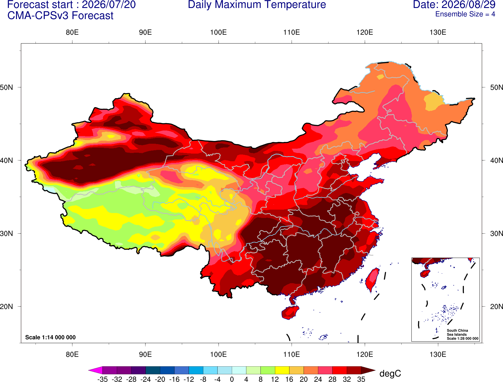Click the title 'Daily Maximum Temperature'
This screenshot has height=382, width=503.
pyautogui.click(x=257, y=5)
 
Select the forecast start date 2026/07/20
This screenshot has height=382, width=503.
pyautogui.click(x=109, y=5)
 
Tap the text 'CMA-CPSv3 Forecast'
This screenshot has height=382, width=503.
pyautogui.click(x=60, y=16)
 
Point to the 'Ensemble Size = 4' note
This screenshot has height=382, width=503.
pyautogui.click(x=465, y=14)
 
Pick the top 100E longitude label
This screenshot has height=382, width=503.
pyautogui.click(x=219, y=32)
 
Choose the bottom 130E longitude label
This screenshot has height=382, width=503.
pyautogui.click(x=438, y=355)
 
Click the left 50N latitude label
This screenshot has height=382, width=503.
pyautogui.click(x=6, y=87)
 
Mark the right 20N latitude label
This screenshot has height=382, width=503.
pyautogui.click(x=497, y=307)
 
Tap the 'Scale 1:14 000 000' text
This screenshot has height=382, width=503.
pyautogui.click(x=51, y=337)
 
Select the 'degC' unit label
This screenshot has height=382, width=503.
pyautogui.click(x=390, y=373)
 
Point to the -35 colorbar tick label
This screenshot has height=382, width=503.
pyautogui.click(x=102, y=379)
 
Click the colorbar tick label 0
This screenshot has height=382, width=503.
pyautogui.click(x=232, y=379)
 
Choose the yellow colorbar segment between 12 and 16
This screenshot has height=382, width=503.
pyautogui.click(x=282, y=370)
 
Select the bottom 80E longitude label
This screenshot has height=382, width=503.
pyautogui.click(x=72, y=355)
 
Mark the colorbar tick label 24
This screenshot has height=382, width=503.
pyautogui.click(x=318, y=379)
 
